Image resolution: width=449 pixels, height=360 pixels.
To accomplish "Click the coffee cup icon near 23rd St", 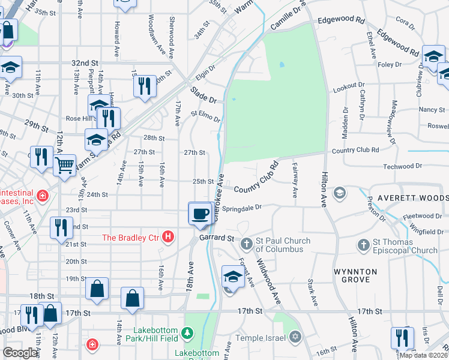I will [x=200, y=213].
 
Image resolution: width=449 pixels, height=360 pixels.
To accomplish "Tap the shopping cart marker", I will [x=64, y=164].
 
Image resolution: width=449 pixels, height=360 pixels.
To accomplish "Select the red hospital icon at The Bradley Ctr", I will [x=169, y=238].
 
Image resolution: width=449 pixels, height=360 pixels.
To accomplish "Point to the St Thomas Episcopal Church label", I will [x=405, y=245].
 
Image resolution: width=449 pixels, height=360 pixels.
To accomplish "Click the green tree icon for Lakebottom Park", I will [x=187, y=332].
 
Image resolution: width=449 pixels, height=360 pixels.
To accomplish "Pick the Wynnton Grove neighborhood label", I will [x=355, y=275].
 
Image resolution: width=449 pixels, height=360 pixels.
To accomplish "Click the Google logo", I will [x=20, y=353].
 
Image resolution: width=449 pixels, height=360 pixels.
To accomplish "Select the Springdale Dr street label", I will [x=243, y=208].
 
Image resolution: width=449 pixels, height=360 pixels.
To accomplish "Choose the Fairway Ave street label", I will [x=295, y=179].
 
